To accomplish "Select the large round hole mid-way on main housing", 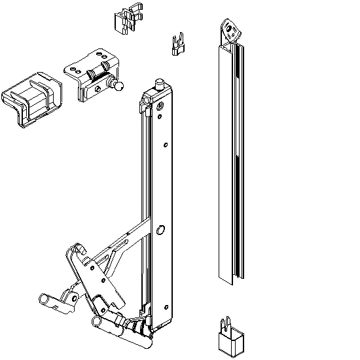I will click(160, 229).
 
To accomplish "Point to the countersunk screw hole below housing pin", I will click(160, 105).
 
